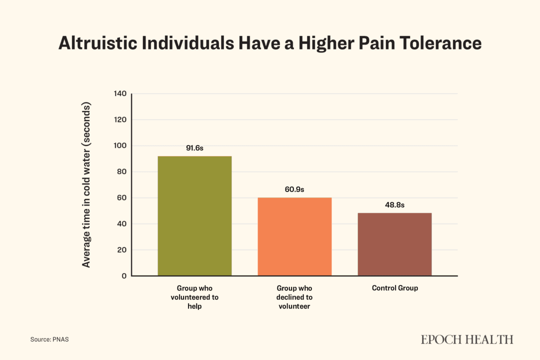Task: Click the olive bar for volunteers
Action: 194,216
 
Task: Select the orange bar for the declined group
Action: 294,236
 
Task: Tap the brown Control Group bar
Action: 394,244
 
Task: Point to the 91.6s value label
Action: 194,148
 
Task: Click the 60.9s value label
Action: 294,189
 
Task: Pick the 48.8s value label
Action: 394,205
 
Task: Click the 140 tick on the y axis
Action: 120,94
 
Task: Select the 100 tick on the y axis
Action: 120,146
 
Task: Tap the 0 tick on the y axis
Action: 124,276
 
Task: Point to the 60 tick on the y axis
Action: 122,198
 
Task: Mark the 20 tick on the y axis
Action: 122,250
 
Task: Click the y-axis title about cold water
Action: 86,185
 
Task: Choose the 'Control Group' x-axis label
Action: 394,288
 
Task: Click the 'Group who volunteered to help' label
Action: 194,297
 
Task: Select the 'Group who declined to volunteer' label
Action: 294,297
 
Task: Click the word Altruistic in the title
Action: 97,43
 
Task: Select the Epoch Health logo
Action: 466,339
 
